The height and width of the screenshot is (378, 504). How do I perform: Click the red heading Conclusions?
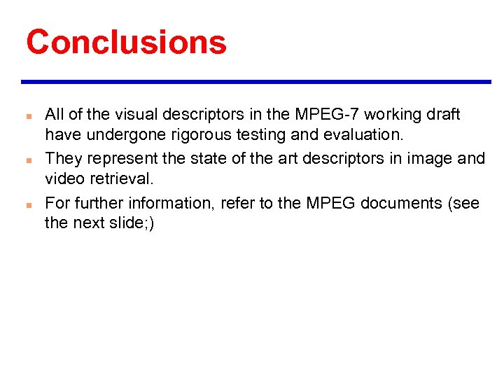click(x=126, y=41)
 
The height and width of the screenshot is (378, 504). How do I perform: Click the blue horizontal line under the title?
click(x=256, y=82)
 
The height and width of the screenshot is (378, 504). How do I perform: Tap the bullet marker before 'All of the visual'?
click(x=25, y=115)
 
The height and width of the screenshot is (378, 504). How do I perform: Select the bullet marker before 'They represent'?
click(x=25, y=160)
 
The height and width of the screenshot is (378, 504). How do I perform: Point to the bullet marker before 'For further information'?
click(x=25, y=204)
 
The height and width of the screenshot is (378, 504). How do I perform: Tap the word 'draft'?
click(x=444, y=114)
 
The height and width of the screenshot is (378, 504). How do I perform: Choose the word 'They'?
click(x=62, y=159)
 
